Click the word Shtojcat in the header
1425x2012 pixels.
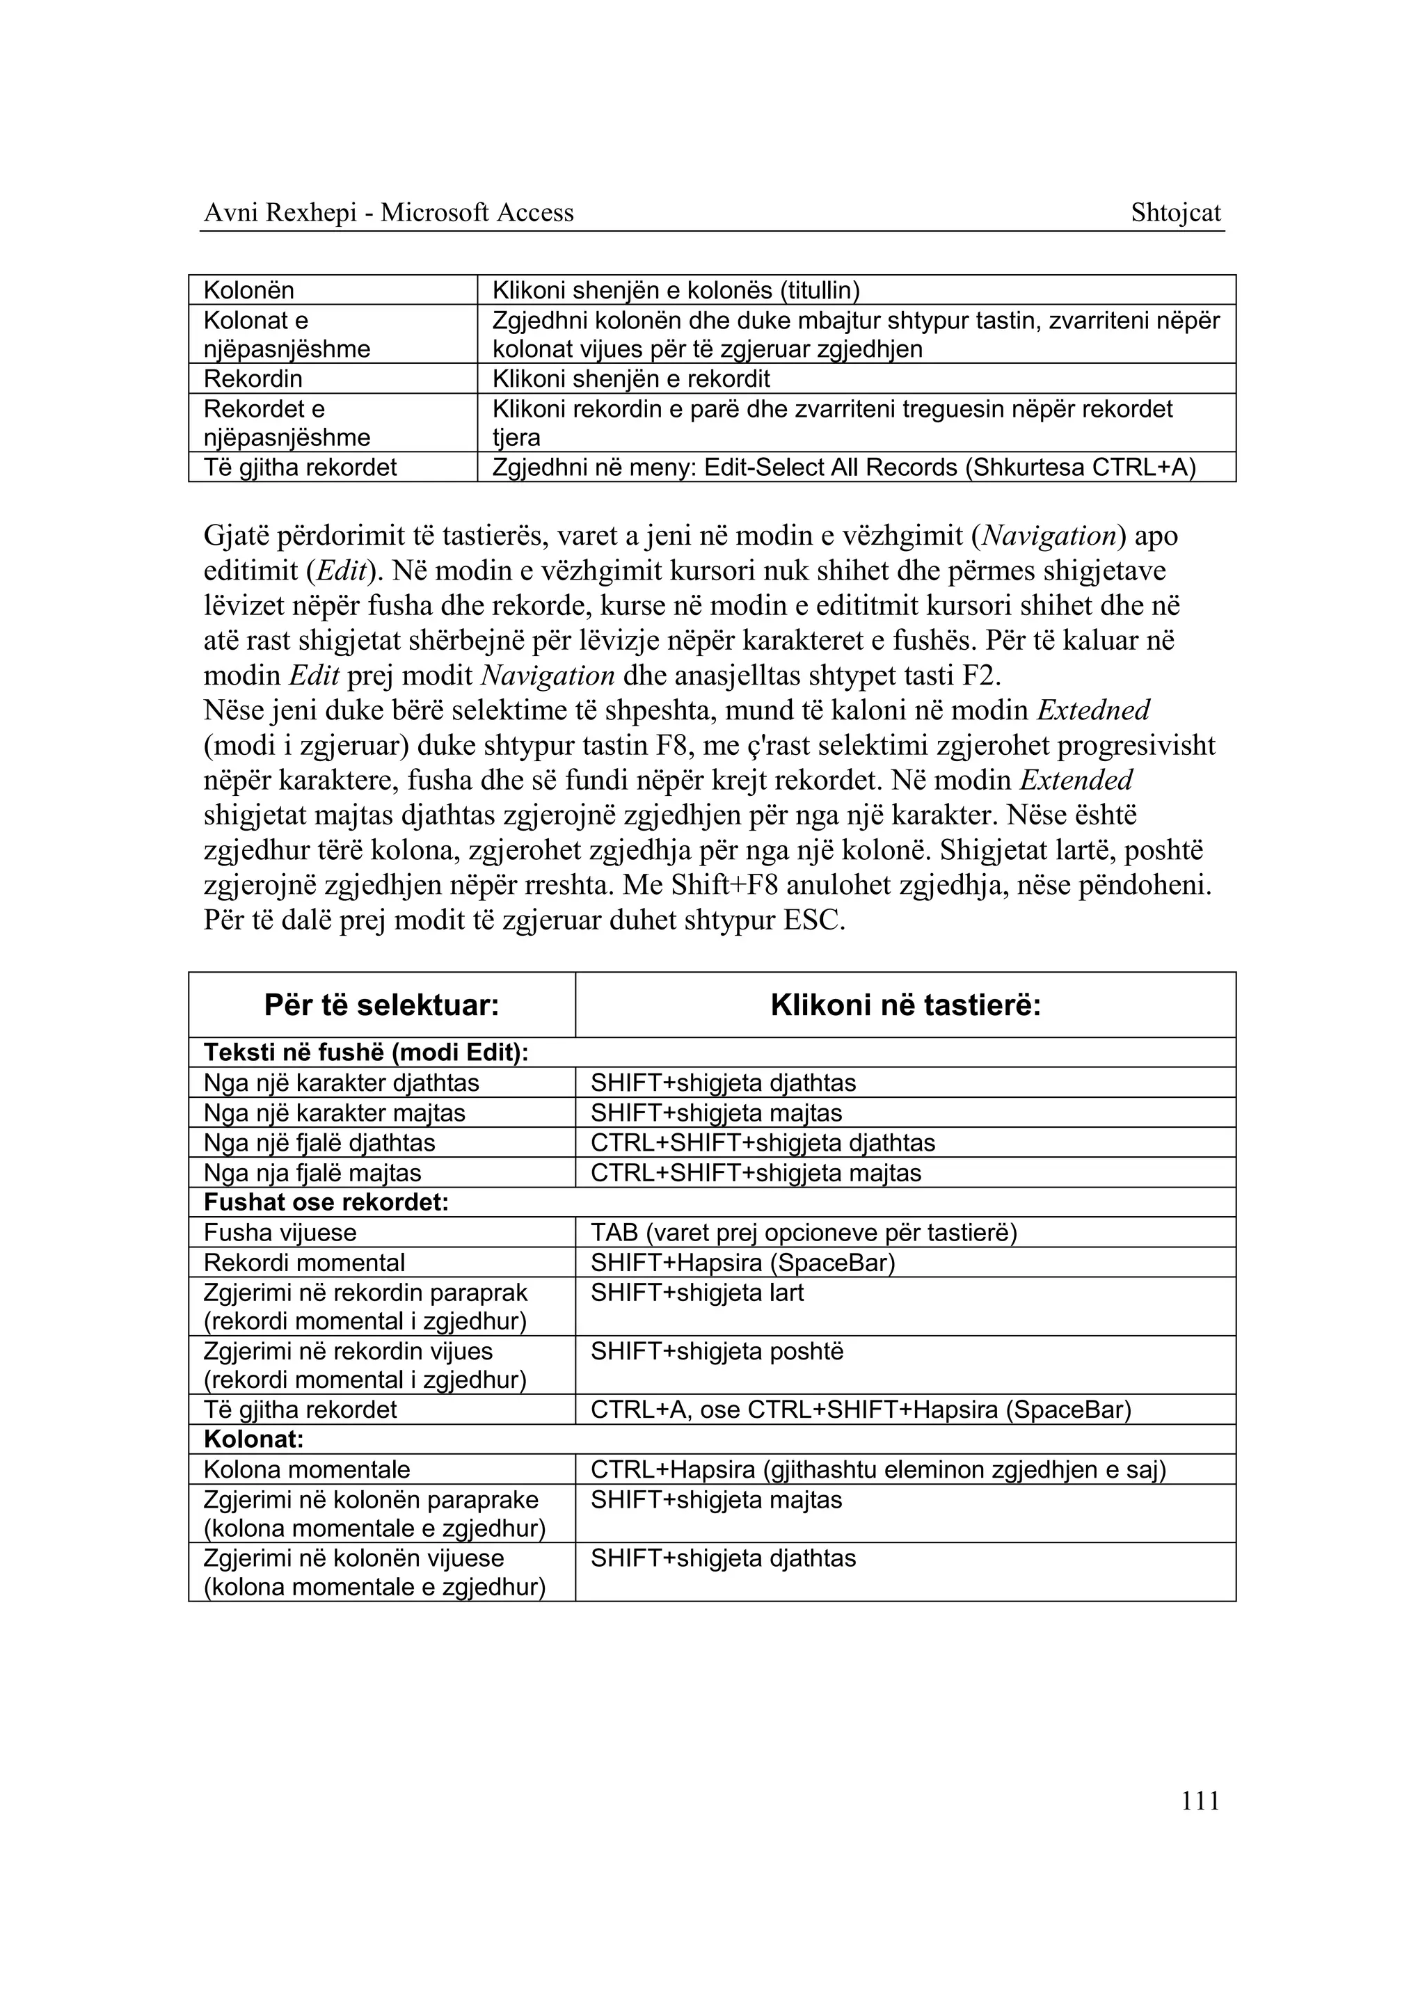(x=1175, y=212)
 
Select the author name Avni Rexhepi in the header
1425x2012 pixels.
(x=279, y=212)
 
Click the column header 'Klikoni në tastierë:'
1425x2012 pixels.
(x=905, y=1005)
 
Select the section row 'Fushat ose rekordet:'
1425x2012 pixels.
(x=326, y=1202)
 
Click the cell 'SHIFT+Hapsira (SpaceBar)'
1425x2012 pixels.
(x=742, y=1263)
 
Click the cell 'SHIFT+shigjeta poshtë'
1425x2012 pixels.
(x=716, y=1351)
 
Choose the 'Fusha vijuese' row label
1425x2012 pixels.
(x=280, y=1233)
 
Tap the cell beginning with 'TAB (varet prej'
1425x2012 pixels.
(x=803, y=1233)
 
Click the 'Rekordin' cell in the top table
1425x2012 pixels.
(x=253, y=379)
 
